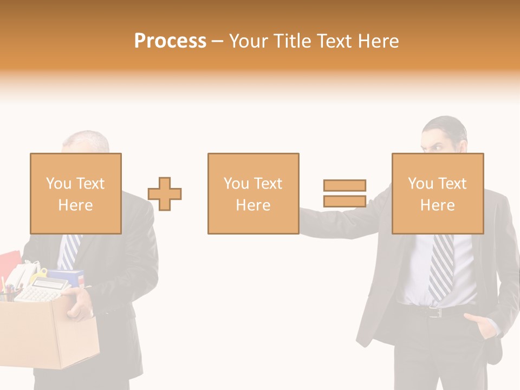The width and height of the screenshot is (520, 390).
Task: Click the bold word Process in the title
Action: click(x=170, y=41)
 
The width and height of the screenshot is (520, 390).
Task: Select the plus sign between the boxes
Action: click(x=165, y=194)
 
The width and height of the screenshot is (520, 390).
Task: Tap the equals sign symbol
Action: click(x=344, y=193)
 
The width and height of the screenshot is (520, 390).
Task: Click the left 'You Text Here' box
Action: click(x=75, y=193)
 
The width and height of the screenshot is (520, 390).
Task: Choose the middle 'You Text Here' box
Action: click(x=253, y=193)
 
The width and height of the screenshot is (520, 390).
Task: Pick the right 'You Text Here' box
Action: click(x=437, y=193)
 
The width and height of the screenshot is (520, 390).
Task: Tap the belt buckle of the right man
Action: click(x=435, y=312)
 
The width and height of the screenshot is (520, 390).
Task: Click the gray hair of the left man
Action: click(x=87, y=139)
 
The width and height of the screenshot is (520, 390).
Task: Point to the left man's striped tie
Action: click(x=70, y=251)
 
